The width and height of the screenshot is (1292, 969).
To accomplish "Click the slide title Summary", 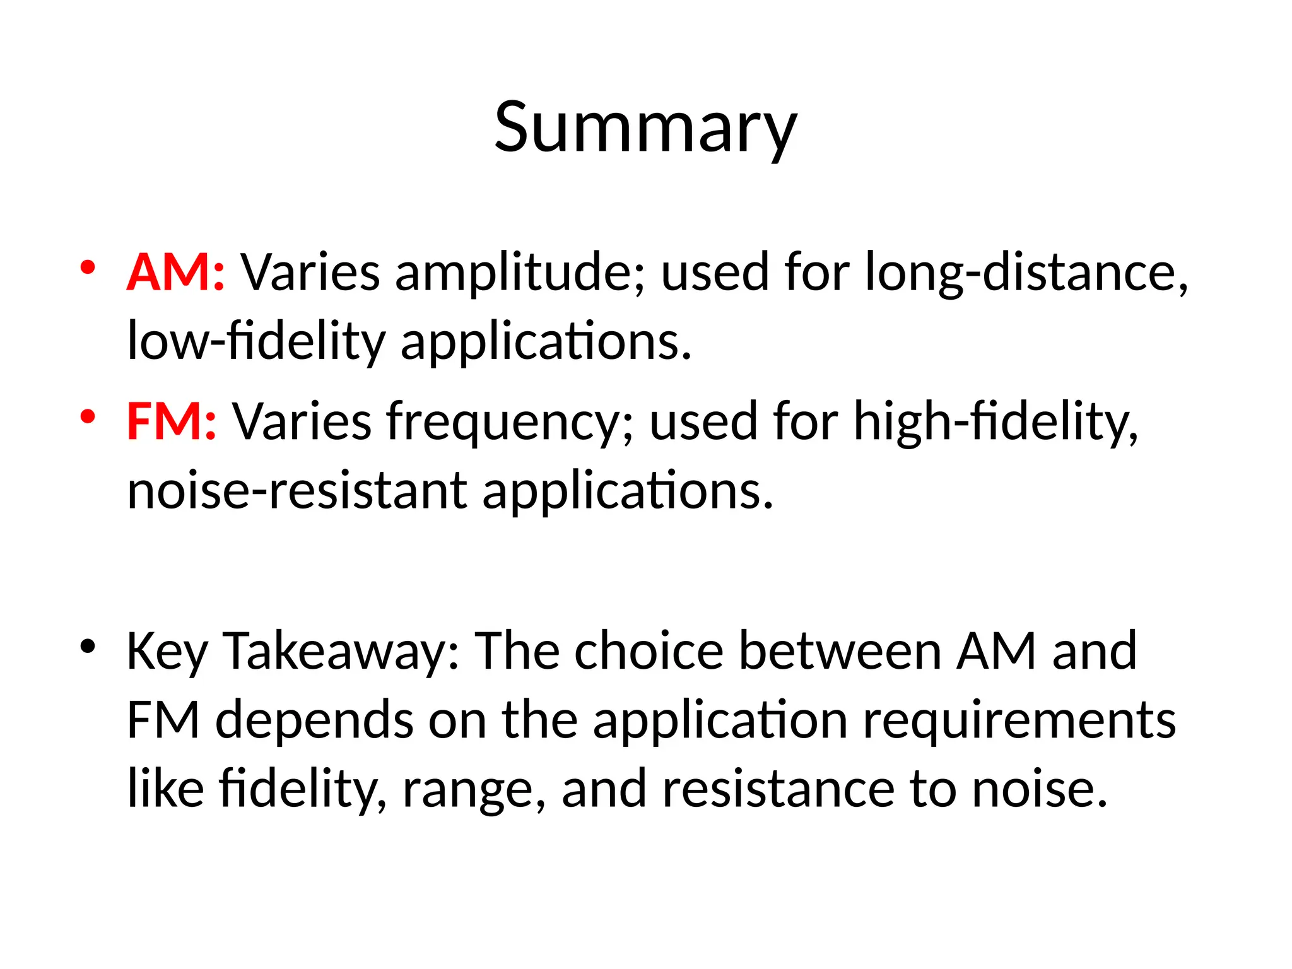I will [x=645, y=128].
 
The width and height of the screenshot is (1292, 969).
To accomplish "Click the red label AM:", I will [x=175, y=273].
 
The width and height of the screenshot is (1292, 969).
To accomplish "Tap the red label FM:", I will [x=172, y=421].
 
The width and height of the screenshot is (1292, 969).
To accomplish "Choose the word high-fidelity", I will [x=995, y=421].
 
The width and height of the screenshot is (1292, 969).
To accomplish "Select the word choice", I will [x=649, y=651].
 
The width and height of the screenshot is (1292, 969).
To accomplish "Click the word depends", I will [x=314, y=720].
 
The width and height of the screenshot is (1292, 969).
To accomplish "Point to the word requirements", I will [x=1019, y=720].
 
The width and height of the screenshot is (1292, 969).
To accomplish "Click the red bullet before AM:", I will [x=88, y=267].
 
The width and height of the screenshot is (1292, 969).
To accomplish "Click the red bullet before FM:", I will [x=88, y=416].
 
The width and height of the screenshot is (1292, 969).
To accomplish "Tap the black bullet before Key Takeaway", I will [x=88, y=646].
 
